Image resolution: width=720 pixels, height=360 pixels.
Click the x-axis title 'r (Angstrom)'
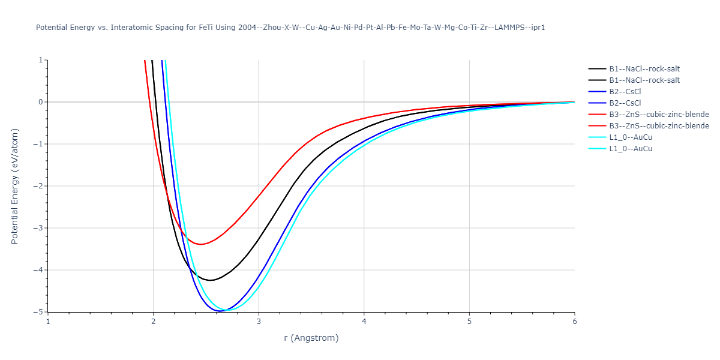tap(311, 338)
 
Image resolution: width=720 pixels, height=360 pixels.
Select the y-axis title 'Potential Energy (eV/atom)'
tap(16, 186)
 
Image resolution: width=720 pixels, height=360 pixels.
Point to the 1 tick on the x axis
tap(48, 321)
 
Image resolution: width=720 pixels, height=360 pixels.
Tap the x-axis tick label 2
tap(153, 321)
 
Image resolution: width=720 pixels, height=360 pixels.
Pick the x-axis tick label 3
tap(259, 321)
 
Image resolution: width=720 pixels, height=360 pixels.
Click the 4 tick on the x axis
tap(364, 321)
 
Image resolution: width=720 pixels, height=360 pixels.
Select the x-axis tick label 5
tap(469, 321)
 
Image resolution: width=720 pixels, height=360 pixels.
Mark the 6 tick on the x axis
tap(574, 321)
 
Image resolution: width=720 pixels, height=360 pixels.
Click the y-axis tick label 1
tap(40, 60)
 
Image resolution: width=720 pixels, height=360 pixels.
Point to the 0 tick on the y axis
tap(40, 102)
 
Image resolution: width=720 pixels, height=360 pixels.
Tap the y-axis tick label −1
tap(38, 144)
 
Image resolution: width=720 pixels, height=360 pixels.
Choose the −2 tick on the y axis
tap(38, 186)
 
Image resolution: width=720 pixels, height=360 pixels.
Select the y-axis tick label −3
tap(38, 228)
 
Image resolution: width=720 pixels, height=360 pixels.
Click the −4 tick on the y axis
tap(38, 270)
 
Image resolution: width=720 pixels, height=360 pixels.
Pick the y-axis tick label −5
tap(38, 312)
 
